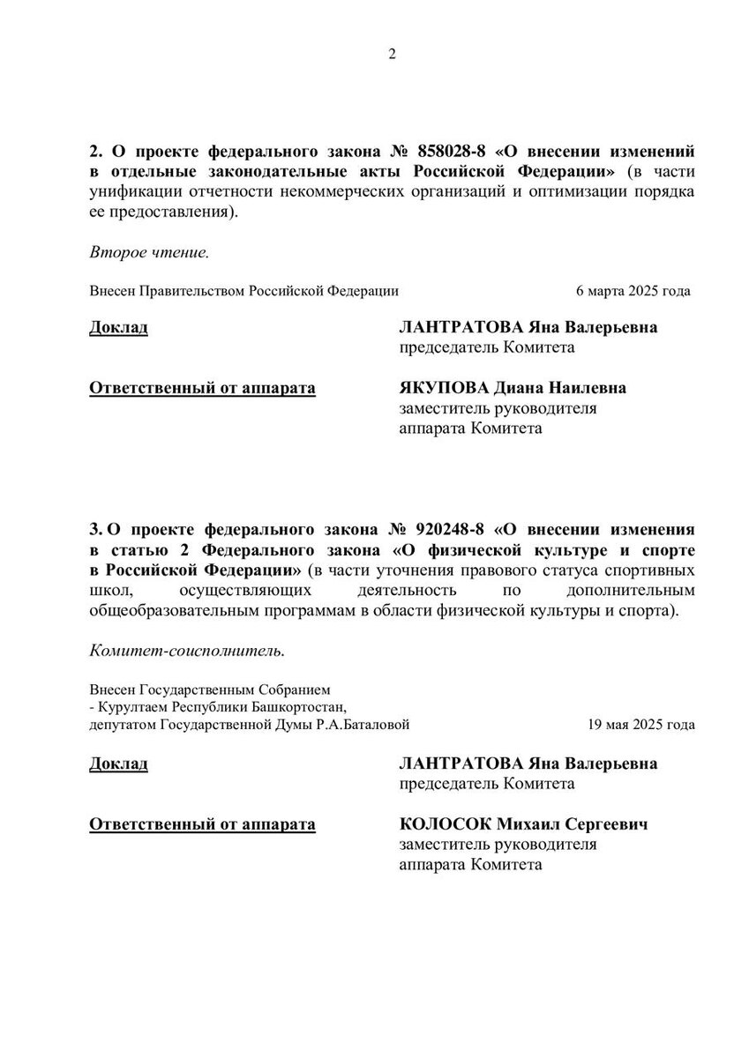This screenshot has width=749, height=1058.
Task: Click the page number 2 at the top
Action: click(x=393, y=55)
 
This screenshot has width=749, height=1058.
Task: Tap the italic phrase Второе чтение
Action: click(x=149, y=253)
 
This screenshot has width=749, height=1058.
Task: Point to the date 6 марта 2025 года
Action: click(x=633, y=290)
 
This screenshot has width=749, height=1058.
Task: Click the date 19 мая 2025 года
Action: click(x=640, y=726)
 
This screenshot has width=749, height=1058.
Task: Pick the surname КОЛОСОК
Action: click(x=445, y=824)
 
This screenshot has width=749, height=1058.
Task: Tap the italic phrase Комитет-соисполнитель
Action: click(x=187, y=652)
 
